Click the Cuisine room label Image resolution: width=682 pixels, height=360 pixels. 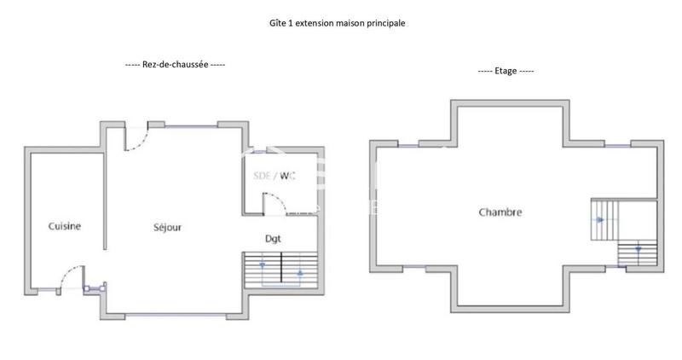pos(65,226)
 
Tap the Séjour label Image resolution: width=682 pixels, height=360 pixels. pos(167,228)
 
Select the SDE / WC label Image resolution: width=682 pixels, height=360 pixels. pos(275,177)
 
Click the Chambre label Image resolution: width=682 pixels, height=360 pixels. pos(500,212)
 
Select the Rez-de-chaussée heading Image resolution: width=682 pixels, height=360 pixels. pos(175,64)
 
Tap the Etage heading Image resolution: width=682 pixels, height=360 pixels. pos(506,71)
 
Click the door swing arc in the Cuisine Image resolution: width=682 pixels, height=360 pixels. pos(72,275)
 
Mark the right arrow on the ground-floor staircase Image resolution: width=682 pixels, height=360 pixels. pos(299,275)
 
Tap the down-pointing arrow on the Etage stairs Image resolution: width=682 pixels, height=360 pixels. pos(638,250)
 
